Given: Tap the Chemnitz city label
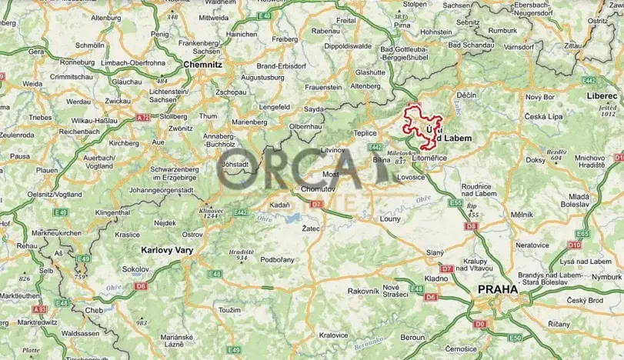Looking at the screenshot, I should pos(203,65).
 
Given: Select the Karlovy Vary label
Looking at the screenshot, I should pos(167,250).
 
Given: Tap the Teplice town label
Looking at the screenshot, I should pos(365,132).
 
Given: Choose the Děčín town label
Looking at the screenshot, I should pos(467,95).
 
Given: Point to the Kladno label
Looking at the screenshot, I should pos(436,278).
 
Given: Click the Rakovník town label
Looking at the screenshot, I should pos(363,291).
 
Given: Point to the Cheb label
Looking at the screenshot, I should pos(94,310).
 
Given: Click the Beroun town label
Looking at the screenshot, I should pos(412,337).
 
